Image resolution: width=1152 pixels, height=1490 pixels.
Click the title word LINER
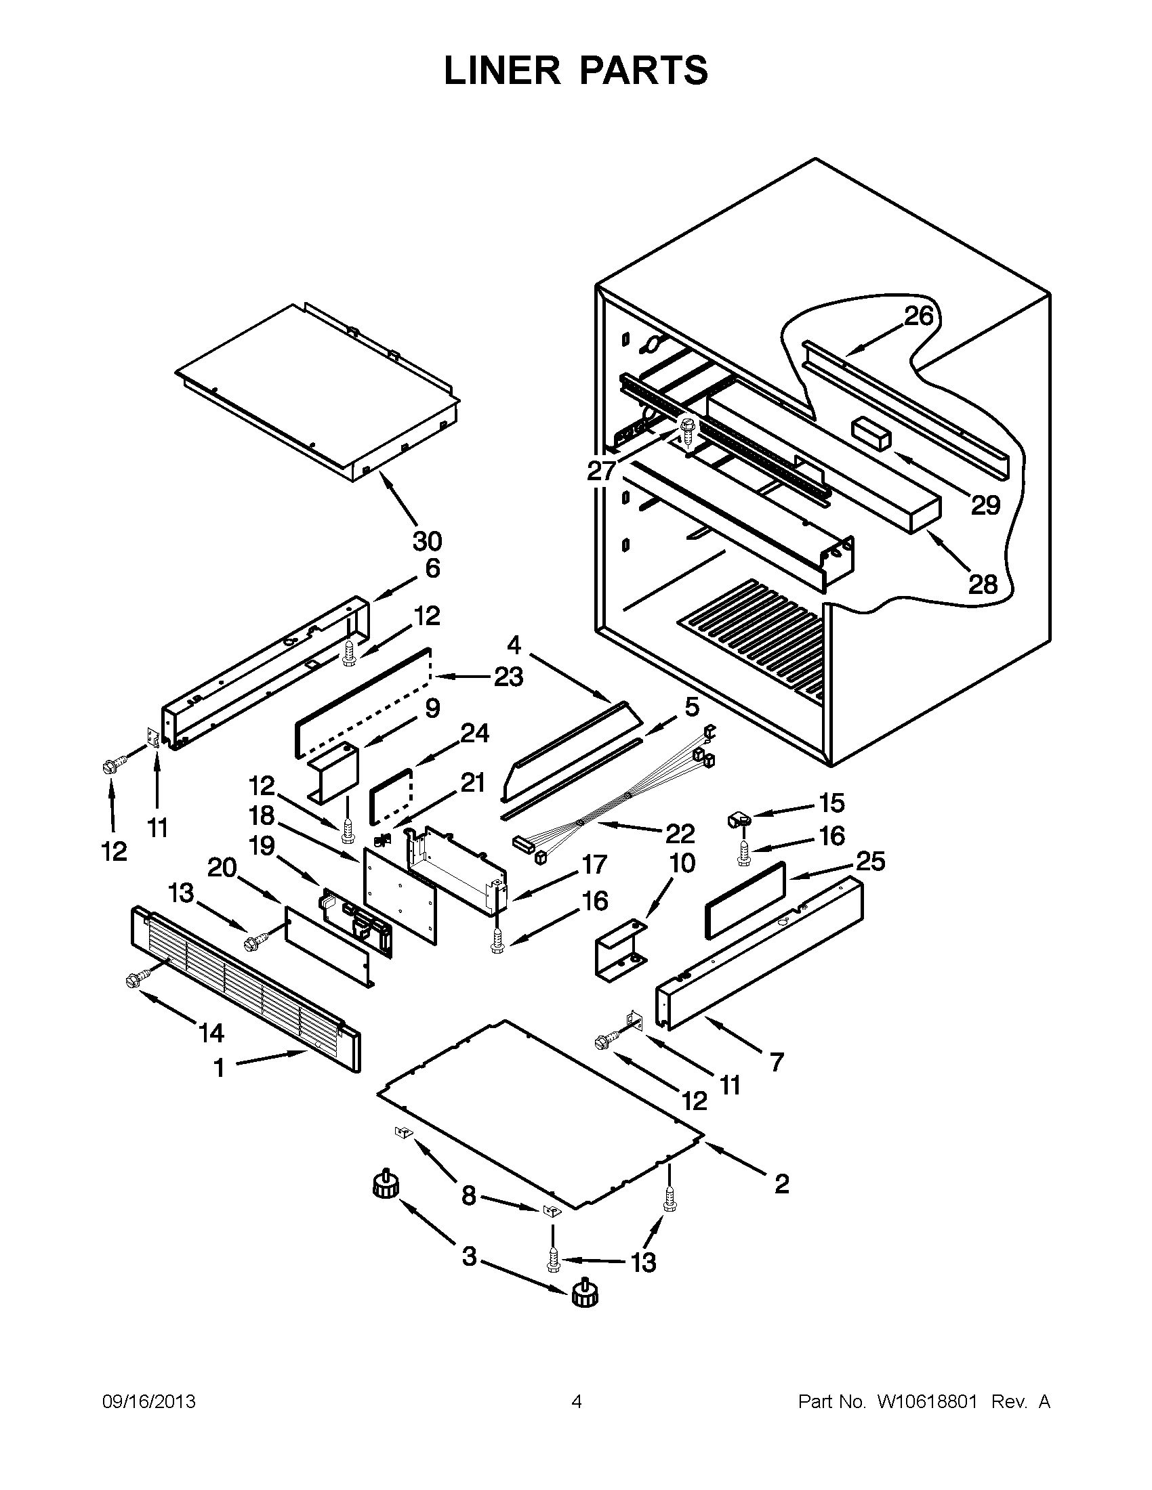point(501,70)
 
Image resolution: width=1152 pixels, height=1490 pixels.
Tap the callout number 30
point(427,541)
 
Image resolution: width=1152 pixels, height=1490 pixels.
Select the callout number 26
point(919,316)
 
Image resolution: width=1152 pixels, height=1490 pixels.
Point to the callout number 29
point(985,505)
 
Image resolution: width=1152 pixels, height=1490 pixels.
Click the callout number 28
point(983,584)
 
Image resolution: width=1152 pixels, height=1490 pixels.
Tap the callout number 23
point(508,677)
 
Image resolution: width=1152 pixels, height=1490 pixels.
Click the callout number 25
point(871,861)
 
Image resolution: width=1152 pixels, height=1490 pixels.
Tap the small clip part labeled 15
point(737,819)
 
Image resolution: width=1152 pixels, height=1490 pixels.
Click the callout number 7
point(777,1061)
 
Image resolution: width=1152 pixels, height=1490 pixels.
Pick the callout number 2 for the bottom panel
point(782,1184)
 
